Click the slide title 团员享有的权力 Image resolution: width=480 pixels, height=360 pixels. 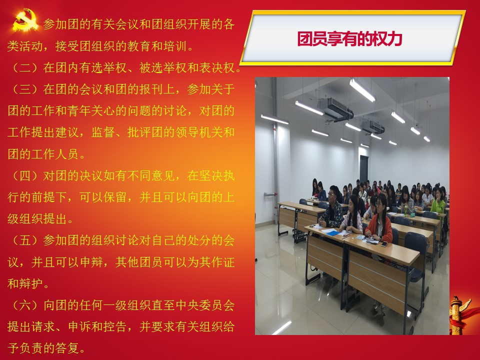pyautogui.click(x=349, y=38)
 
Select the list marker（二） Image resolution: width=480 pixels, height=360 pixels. pyautogui.click(x=25, y=68)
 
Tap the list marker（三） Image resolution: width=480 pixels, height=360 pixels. pyautogui.click(x=25, y=89)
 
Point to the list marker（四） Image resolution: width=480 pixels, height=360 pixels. pyautogui.click(x=25, y=176)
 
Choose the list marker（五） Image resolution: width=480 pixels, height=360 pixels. pyautogui.click(x=25, y=240)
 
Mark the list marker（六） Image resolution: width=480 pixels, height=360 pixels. pyautogui.click(x=25, y=305)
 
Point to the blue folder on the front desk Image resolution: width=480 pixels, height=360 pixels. pyautogui.click(x=331, y=233)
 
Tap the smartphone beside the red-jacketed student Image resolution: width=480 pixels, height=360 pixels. pyautogui.click(x=383, y=244)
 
